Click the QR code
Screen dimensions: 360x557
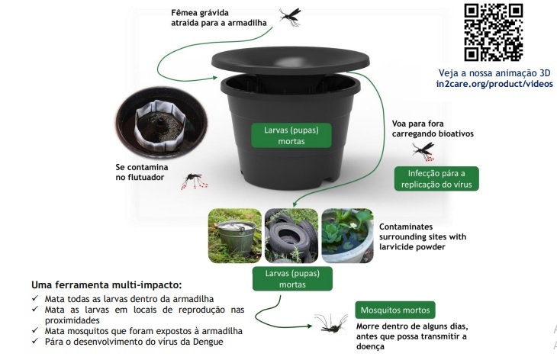494,32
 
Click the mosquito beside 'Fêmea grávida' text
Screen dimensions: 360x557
289,16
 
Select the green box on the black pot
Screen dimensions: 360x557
282,135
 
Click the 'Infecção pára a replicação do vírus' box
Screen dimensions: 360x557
436,178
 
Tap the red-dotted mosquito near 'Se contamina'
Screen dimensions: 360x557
196,181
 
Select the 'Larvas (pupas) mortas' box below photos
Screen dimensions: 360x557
288,278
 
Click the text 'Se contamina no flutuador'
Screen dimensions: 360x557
142,171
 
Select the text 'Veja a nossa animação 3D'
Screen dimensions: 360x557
494,72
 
